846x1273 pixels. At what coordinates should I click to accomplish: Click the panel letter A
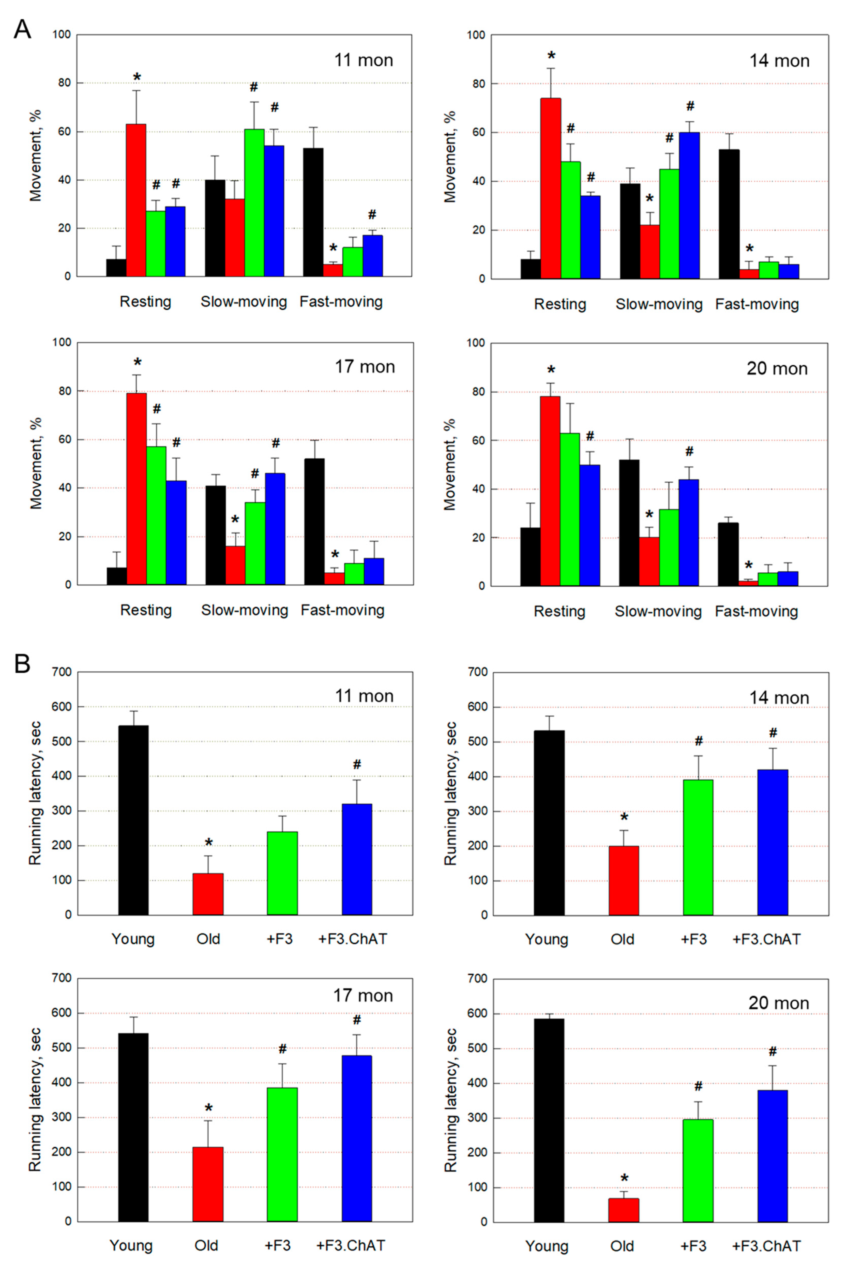pos(22,29)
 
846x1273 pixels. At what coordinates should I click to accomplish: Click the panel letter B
pos(22,663)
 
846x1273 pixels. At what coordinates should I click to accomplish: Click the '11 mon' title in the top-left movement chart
pos(364,60)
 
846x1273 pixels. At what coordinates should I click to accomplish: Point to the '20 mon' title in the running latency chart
pos(779,1003)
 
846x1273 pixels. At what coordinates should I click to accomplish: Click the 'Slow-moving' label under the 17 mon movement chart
pos(244,610)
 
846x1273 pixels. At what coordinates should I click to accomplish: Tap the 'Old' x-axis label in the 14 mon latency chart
pos(622,939)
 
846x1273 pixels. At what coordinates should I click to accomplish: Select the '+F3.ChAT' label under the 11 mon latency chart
pos(352,939)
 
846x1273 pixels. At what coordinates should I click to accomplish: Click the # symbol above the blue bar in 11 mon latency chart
pos(357,764)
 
